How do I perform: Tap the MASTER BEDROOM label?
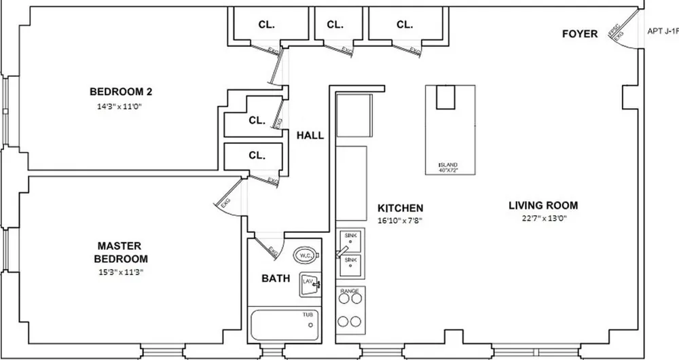[122, 252]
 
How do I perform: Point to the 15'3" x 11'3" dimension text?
[122, 272]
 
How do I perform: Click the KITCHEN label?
[401, 208]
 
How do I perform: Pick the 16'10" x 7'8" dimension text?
[401, 220]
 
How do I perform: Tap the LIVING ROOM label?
[543, 205]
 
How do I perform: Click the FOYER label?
[580, 34]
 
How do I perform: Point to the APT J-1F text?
[663, 31]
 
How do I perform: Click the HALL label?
[310, 135]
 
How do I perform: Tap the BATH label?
[276, 278]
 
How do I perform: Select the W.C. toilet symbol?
[306, 255]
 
